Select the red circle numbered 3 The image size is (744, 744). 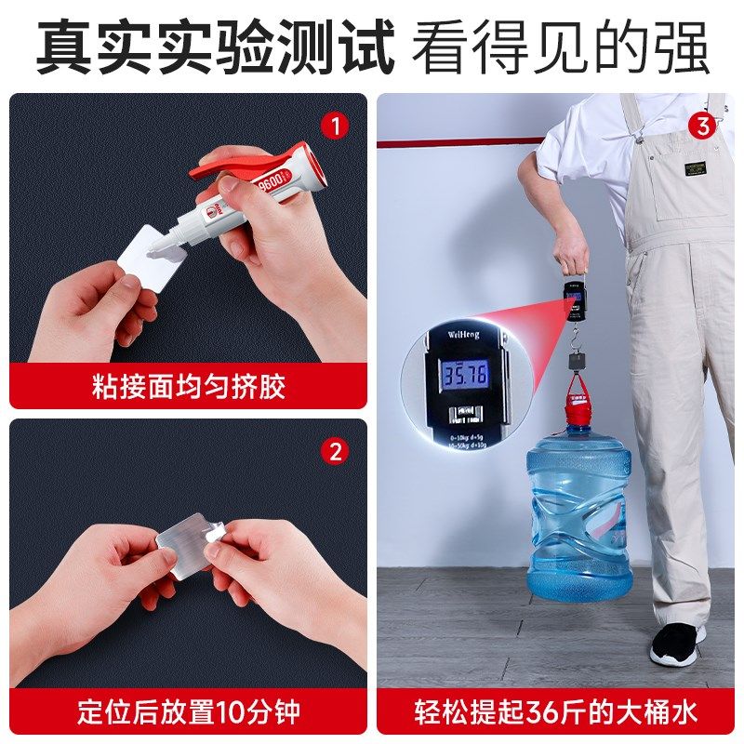[x=702, y=125]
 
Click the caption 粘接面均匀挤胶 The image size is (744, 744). [x=188, y=386]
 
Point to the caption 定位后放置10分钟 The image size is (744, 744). [x=188, y=713]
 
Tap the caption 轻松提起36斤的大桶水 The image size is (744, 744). [x=555, y=713]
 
